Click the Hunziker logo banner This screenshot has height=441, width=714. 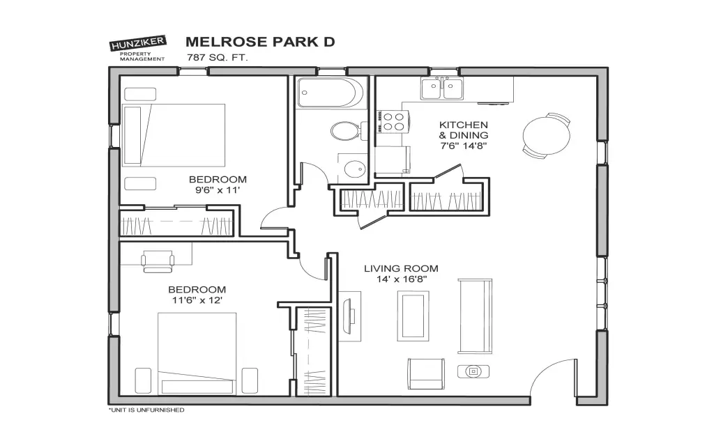[x=138, y=44]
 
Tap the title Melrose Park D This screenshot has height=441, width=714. [x=260, y=42]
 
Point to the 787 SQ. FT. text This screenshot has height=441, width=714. [x=217, y=58]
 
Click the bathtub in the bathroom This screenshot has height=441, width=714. [x=330, y=93]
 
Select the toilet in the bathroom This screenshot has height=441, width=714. [x=349, y=131]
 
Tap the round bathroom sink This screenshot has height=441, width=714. [x=355, y=169]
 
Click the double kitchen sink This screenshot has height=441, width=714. [x=441, y=88]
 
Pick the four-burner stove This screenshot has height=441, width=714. [x=392, y=121]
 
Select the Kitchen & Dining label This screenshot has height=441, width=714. [x=463, y=130]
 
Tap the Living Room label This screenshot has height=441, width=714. [x=401, y=268]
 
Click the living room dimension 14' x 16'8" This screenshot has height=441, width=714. [x=401, y=279]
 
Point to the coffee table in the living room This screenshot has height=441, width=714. [x=413, y=316]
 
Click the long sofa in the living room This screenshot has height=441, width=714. [x=475, y=316]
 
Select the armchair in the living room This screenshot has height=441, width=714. [x=426, y=373]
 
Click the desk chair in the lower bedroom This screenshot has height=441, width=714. [x=158, y=261]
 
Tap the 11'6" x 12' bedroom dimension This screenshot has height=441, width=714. [x=197, y=300]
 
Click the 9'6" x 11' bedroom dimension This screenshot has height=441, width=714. [x=218, y=190]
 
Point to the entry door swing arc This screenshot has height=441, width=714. [x=544, y=370]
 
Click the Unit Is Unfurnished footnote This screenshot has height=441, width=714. [x=146, y=410]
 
